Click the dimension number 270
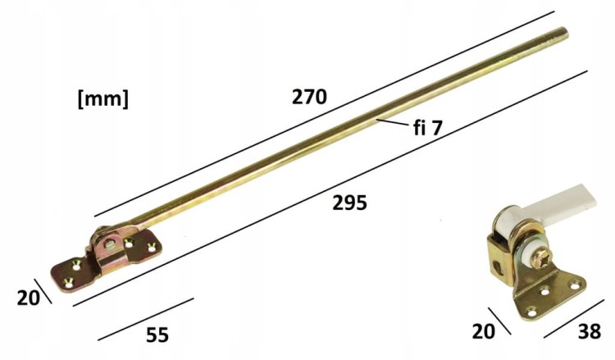(x=309, y=98)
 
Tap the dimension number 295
(x=349, y=203)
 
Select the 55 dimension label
(x=157, y=335)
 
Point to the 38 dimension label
(x=589, y=332)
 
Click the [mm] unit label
(x=103, y=99)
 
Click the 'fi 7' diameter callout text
(x=428, y=128)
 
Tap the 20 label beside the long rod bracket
(x=28, y=298)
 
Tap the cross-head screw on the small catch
(x=542, y=257)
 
